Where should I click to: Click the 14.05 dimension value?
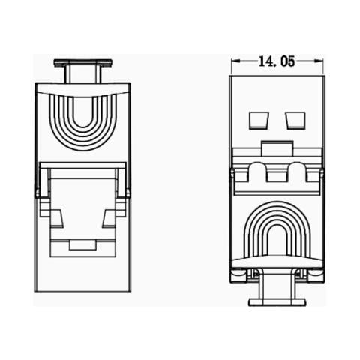tap(277, 62)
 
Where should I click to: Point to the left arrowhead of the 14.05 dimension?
tap(234, 62)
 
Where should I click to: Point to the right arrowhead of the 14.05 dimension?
tap(321, 62)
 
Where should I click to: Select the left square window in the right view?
tap(259, 121)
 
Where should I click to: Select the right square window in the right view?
tap(295, 121)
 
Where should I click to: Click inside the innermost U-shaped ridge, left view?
tap(82, 112)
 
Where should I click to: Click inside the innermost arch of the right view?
tap(277, 240)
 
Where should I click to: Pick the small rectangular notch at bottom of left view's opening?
tap(83, 244)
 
